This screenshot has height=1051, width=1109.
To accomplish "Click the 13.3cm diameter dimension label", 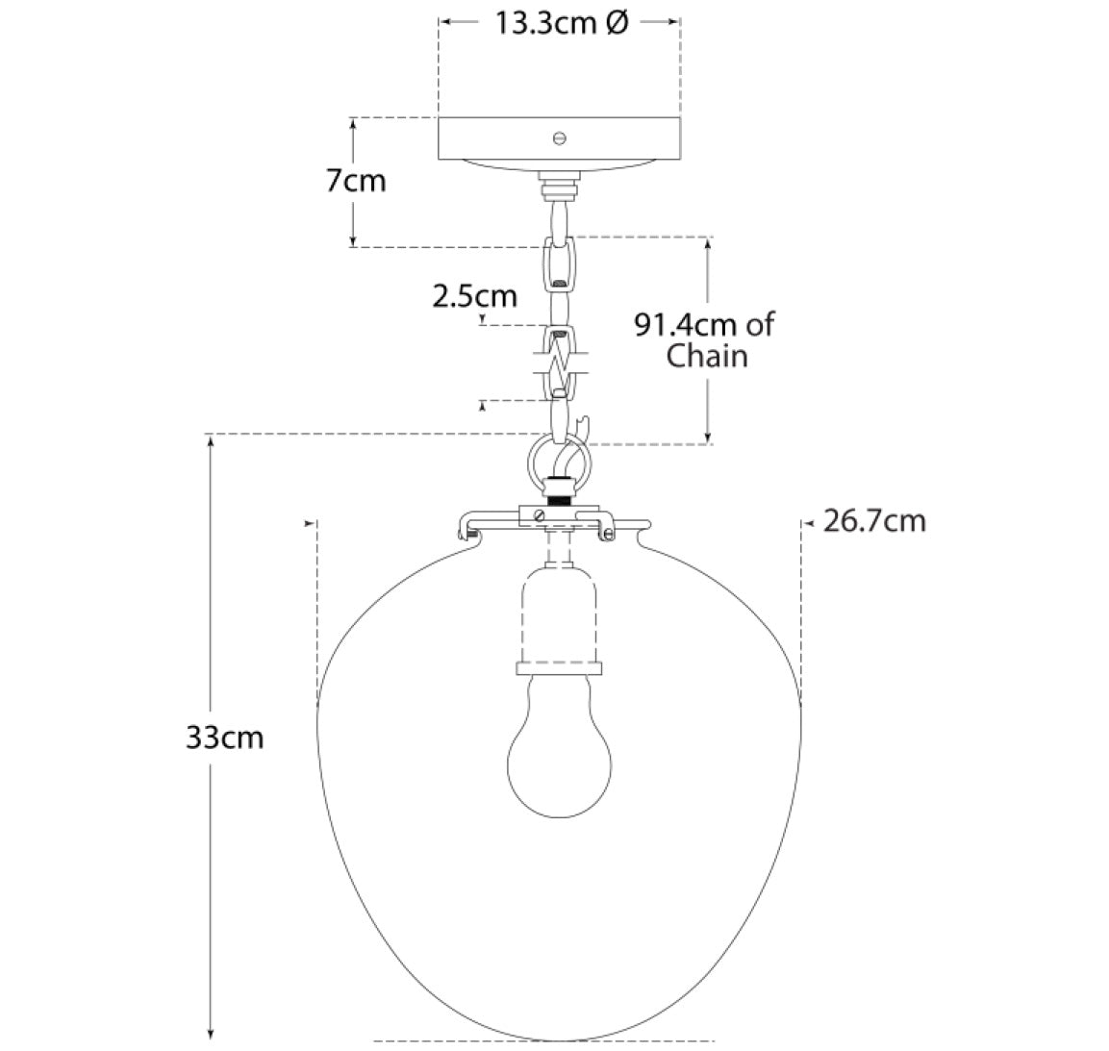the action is click(x=561, y=23).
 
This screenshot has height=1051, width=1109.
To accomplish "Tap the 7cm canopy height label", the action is click(x=356, y=181).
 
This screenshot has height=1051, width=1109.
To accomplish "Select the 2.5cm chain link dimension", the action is click(x=474, y=295).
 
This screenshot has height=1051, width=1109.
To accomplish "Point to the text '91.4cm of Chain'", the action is click(x=705, y=340).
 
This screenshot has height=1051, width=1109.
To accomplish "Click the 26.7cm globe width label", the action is click(x=875, y=521).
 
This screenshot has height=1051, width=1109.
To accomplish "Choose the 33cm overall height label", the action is click(x=224, y=738).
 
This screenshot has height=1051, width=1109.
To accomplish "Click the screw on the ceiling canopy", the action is click(x=560, y=138).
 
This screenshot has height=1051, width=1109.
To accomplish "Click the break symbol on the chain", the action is click(x=560, y=363).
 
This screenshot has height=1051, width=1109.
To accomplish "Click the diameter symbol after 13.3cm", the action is click(x=618, y=23).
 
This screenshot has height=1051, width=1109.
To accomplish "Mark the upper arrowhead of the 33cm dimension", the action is click(x=210, y=441).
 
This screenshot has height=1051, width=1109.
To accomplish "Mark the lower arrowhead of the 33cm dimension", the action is click(x=210, y=1033).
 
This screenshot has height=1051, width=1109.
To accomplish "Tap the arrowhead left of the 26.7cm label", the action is click(x=807, y=523).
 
